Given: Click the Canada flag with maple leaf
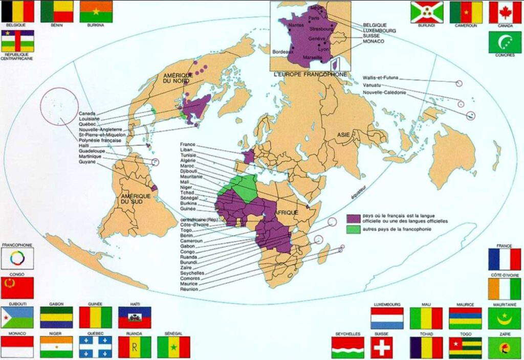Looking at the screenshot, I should click(x=505, y=12).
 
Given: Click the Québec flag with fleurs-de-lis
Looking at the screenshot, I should click(x=95, y=347).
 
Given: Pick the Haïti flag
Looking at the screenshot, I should click(x=135, y=318).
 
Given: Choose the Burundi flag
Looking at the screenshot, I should click(x=426, y=12).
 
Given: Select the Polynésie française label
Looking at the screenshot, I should click(x=100, y=140).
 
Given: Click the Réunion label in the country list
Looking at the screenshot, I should click(x=190, y=289).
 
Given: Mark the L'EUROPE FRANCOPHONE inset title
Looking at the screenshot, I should click(x=310, y=74).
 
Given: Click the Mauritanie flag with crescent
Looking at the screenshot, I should click(x=505, y=318).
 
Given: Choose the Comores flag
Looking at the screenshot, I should click(x=505, y=42).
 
